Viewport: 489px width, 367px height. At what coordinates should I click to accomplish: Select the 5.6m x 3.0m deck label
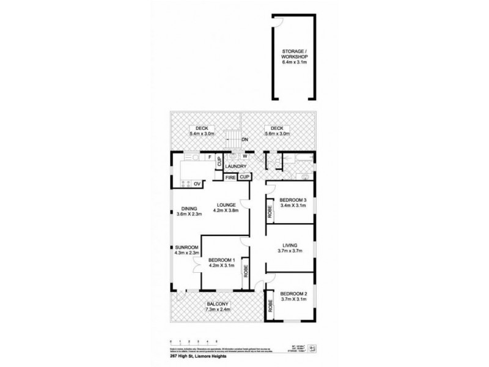pos(275,130)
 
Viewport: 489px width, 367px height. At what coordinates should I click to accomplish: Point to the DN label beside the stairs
pos(245,141)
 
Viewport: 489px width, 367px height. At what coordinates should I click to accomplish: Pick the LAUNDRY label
pos(235,166)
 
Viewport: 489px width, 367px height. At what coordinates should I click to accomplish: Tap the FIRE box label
pos(230,177)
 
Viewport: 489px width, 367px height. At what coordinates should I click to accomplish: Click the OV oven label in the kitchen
pos(197,183)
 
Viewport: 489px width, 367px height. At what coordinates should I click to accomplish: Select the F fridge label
pos(210,158)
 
